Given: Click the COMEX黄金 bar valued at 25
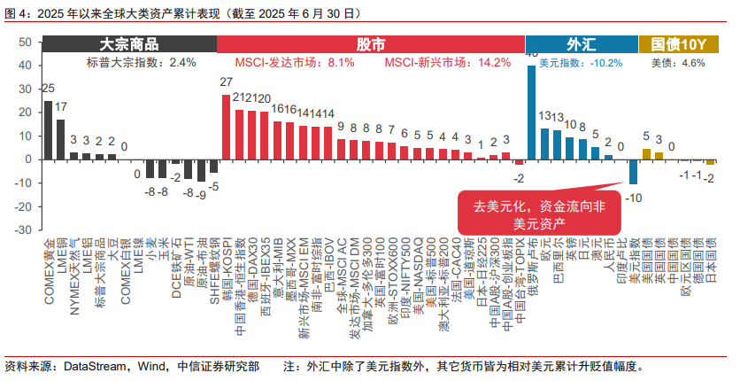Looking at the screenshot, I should (x=48, y=129).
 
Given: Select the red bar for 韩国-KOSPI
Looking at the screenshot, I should (x=226, y=127).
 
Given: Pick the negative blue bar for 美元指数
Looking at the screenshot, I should (x=633, y=171).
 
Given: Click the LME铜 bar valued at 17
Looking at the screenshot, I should (x=60, y=139).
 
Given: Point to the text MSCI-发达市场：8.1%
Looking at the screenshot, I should (x=295, y=63).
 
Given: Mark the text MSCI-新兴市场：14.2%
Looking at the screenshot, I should (x=448, y=63).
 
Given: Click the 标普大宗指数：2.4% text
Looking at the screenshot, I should (x=141, y=63).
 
